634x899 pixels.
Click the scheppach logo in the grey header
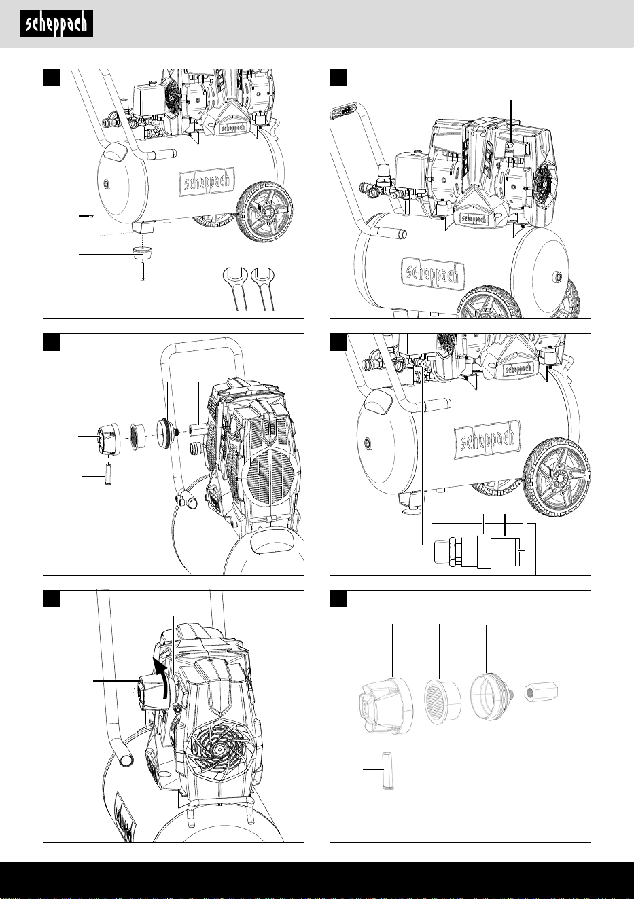point(56,24)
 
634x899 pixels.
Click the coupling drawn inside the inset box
point(477,553)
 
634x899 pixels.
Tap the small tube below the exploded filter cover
point(107,474)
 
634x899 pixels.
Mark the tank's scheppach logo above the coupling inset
point(487,439)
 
